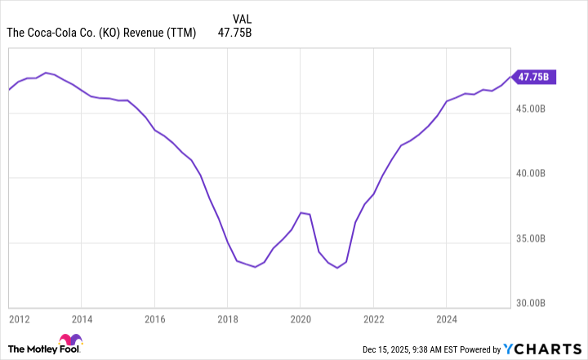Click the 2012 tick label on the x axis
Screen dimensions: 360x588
20,318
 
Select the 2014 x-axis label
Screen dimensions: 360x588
82,318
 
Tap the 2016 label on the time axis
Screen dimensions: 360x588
154,318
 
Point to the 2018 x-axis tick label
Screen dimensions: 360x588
228,318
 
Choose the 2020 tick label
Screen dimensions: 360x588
301,318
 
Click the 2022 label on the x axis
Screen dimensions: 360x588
373,318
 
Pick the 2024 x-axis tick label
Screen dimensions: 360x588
447,318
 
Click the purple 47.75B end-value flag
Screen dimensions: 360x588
536,77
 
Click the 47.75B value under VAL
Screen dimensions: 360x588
235,33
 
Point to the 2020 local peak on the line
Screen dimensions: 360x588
301,212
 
